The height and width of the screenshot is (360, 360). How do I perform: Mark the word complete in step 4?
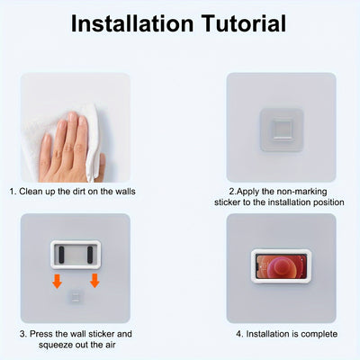319,334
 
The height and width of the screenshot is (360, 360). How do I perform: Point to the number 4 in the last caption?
238,334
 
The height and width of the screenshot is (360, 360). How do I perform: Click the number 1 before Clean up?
13,192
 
